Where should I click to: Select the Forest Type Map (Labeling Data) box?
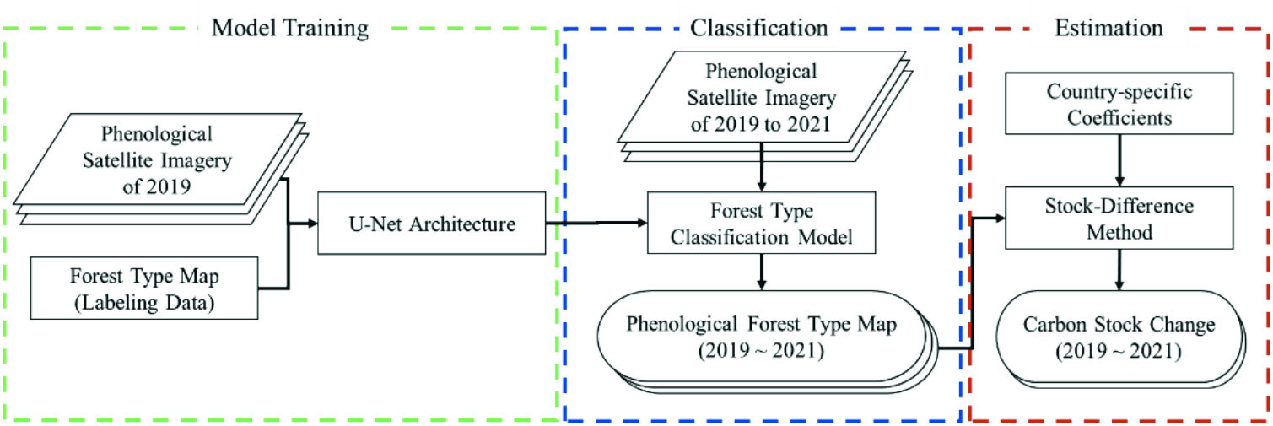[x=143, y=288]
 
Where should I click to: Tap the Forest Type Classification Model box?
[x=762, y=224]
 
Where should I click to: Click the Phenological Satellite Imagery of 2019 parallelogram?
[x=156, y=160]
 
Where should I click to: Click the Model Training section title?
[x=289, y=28]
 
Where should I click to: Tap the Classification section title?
[x=759, y=28]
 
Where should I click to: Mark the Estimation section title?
[x=1108, y=28]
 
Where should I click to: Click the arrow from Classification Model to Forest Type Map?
[x=762, y=272]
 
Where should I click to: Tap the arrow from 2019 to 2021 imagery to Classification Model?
[x=762, y=169]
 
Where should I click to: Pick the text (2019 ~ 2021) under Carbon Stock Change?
[x=1119, y=348]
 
